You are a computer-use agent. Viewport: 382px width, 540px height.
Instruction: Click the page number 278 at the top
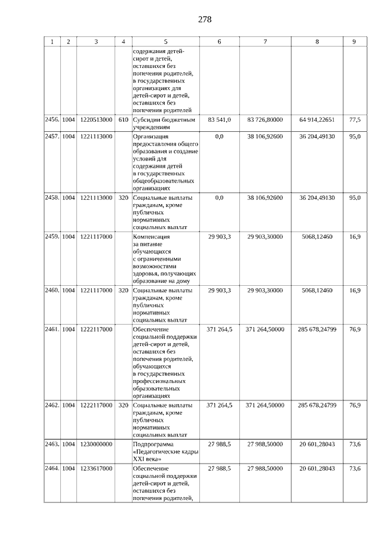205,19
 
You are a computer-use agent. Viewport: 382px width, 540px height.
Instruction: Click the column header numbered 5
165,42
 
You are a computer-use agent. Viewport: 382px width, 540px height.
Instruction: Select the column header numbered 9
355,42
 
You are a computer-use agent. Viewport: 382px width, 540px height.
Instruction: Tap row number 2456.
52,120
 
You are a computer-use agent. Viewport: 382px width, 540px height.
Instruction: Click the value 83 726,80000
264,120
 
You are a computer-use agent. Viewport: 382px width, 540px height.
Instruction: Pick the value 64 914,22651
317,120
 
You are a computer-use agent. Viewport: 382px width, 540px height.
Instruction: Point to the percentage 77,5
355,120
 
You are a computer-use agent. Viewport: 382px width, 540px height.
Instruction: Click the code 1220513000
95,120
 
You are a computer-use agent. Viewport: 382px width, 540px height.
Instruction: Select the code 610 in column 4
123,120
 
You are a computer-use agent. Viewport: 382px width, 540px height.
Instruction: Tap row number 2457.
52,137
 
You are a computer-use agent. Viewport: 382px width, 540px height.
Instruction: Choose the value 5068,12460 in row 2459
317,237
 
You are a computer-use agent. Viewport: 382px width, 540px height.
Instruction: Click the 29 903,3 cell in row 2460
220,291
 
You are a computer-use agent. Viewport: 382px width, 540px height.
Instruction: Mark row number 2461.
52,329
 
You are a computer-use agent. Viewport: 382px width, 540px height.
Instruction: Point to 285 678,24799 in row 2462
317,405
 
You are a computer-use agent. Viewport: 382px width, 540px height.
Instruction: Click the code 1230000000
95,445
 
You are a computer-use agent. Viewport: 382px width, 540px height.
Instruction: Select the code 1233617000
95,469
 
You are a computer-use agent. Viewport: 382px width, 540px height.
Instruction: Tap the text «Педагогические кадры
161,452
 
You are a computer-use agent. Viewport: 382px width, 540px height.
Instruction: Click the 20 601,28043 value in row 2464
317,469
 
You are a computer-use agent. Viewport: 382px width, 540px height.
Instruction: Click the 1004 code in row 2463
69,445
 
